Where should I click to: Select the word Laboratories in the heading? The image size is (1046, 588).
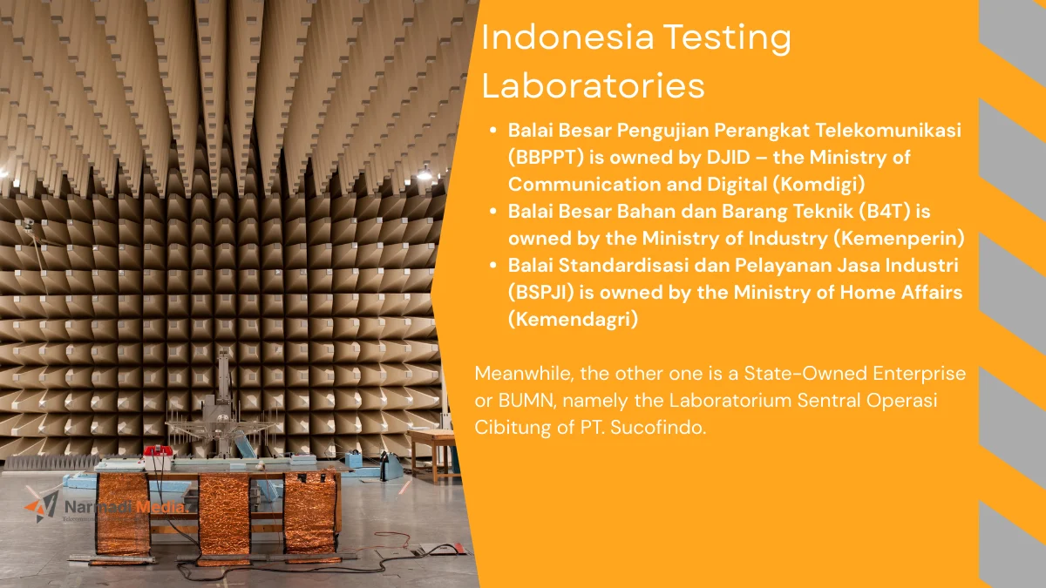(594, 86)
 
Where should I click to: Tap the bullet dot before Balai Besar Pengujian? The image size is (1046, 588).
(492, 131)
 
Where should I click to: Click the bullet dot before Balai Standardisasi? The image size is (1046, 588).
(492, 266)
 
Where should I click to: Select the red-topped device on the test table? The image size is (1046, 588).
(158, 452)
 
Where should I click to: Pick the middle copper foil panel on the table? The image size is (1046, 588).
(224, 514)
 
